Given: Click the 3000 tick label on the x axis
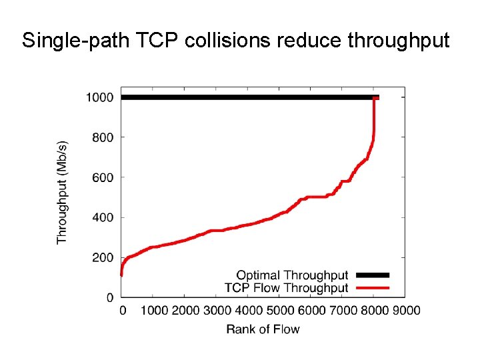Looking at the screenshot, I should (217, 310).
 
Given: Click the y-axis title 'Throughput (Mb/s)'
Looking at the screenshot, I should (62, 192).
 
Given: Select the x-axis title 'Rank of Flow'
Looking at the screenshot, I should (263, 329).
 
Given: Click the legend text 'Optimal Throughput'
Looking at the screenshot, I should (292, 275).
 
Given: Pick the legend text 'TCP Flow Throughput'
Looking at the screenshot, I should (287, 288).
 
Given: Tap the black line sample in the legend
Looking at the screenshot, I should (373, 275).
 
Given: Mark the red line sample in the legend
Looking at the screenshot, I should (373, 288).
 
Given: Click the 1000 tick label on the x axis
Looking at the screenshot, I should (154, 310).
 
